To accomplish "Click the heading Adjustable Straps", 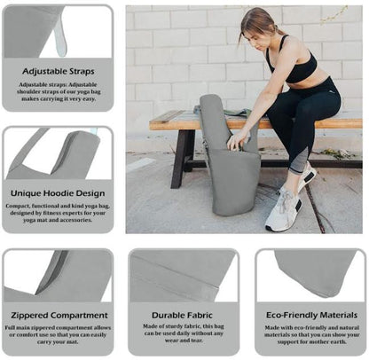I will (58, 70).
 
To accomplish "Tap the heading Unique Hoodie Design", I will (58, 192).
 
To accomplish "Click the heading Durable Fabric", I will (184, 314).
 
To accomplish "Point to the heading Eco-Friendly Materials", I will (310, 314).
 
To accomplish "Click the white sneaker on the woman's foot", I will (281, 211).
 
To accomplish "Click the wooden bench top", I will (177, 121).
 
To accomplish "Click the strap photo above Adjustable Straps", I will (58, 32).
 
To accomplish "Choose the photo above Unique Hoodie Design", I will (58, 153).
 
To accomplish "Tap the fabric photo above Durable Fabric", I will (184, 275).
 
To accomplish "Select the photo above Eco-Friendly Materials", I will (310, 275).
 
